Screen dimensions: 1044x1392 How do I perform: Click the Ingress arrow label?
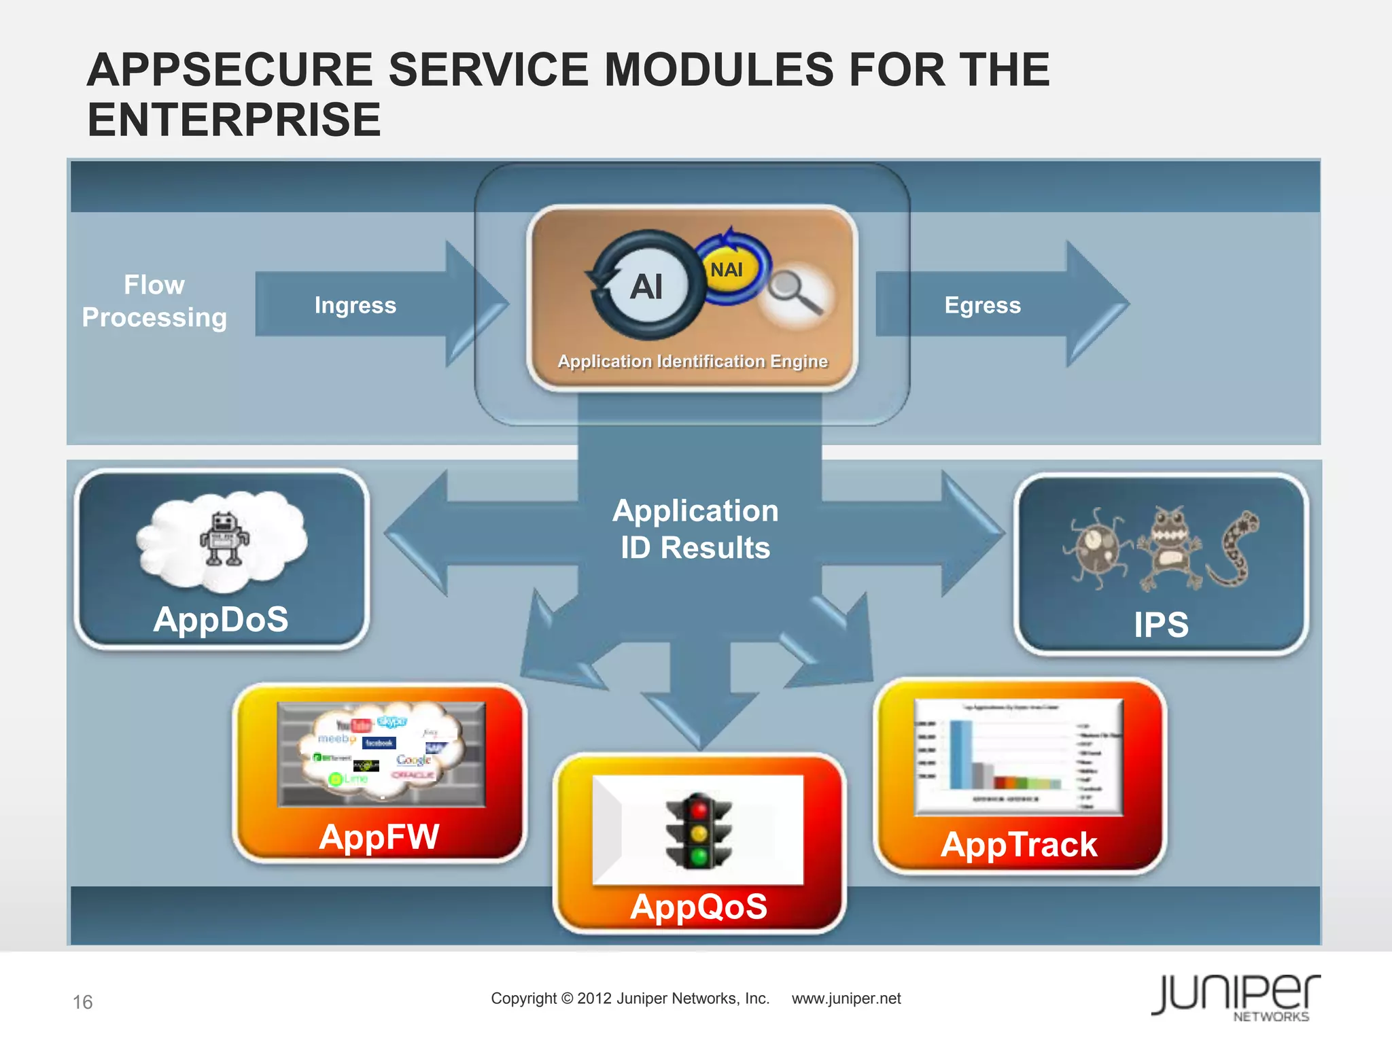click(355, 305)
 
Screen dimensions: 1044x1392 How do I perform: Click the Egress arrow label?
click(982, 305)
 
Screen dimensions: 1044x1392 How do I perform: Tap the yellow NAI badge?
click(727, 271)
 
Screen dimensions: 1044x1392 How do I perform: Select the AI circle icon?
click(647, 286)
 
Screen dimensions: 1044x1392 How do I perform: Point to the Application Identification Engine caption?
click(693, 361)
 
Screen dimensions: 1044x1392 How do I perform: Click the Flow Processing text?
click(154, 301)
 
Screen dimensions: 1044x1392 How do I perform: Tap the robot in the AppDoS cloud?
click(224, 539)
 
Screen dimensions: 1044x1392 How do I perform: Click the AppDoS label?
click(221, 619)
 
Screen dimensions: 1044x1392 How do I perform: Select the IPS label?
click(1161, 624)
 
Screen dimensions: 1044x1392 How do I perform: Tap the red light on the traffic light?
click(699, 808)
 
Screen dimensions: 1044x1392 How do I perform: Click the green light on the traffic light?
click(699, 856)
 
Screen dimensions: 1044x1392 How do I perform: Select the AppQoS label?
click(699, 906)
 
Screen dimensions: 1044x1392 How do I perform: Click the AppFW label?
click(379, 836)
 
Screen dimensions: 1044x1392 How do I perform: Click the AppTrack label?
click(1018, 844)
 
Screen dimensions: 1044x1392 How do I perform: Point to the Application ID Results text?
click(695, 529)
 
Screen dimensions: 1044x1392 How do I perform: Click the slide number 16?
click(83, 1002)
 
